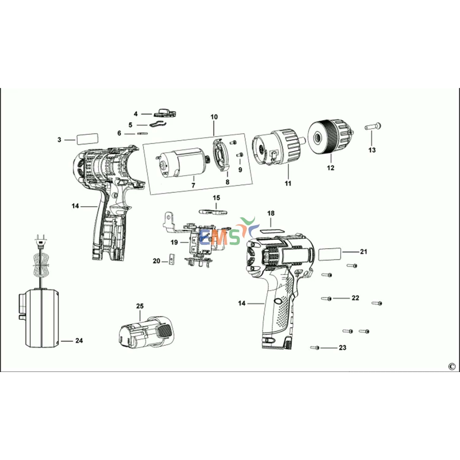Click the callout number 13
pyautogui.click(x=372, y=150)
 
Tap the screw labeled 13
pyautogui.click(x=373, y=126)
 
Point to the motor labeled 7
pyautogui.click(x=182, y=163)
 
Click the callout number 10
pyautogui.click(x=214, y=117)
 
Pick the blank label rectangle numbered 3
pyautogui.click(x=87, y=139)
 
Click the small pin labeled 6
pyautogui.click(x=143, y=133)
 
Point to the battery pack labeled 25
pyautogui.click(x=146, y=332)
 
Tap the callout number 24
pyautogui.click(x=79, y=341)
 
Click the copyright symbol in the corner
pyautogui.click(x=451, y=366)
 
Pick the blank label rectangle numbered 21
pyautogui.click(x=330, y=254)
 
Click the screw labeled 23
pyautogui.click(x=315, y=348)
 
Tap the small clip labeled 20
pyautogui.click(x=171, y=259)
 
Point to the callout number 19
pyautogui.click(x=174, y=243)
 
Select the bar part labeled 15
pyautogui.click(x=213, y=212)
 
